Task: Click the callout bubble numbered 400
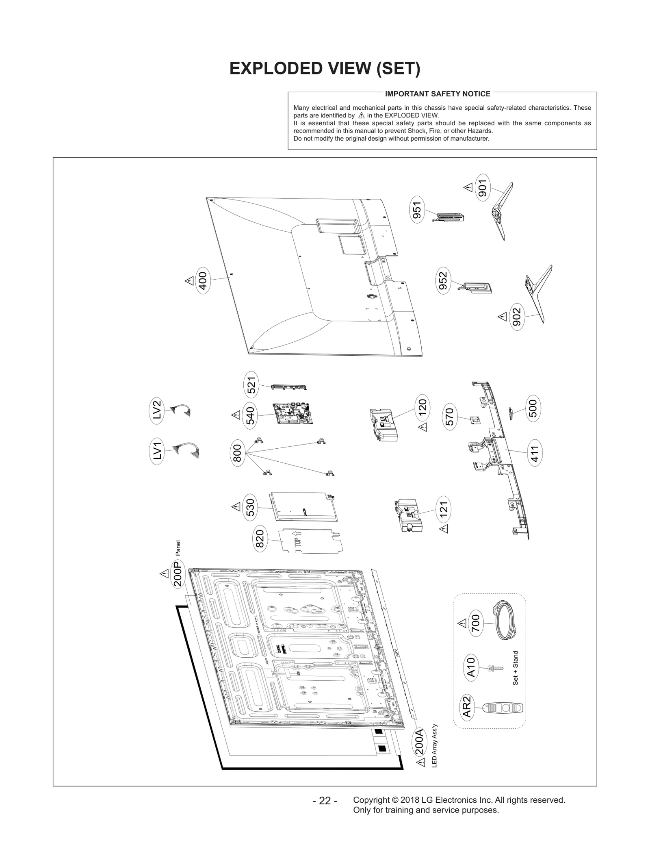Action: click(202, 280)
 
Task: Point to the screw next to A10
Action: click(495, 668)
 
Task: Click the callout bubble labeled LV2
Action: click(157, 410)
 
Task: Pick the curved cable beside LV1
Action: click(186, 450)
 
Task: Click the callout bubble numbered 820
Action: click(259, 539)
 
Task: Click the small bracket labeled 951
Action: click(448, 217)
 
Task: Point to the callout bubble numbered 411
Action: click(535, 454)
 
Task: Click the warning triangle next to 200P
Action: click(164, 574)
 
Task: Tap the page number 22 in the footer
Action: click(325, 801)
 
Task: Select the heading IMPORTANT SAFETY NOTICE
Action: click(437, 94)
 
